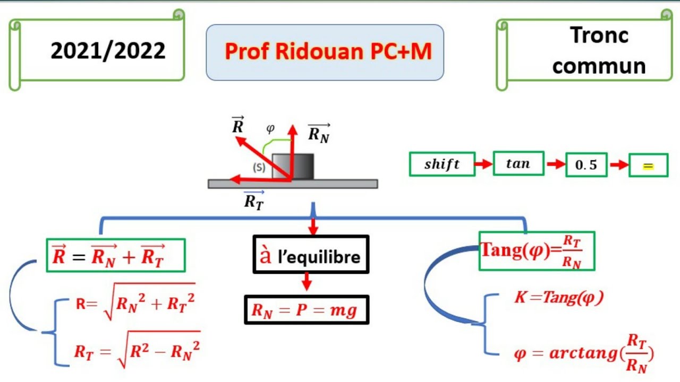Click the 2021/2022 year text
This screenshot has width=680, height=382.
(108, 50)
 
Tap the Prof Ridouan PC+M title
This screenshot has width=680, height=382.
(328, 51)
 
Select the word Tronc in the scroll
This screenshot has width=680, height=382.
(599, 35)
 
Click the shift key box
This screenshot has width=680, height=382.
(442, 164)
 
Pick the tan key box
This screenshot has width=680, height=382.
(518, 163)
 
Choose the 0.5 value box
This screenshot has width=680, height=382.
(586, 164)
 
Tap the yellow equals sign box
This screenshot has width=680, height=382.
(648, 165)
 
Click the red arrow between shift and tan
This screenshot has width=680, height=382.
(484, 164)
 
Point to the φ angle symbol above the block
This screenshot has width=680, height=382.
(270, 128)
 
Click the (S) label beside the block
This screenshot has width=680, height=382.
(259, 167)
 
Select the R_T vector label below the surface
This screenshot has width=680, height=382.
(254, 201)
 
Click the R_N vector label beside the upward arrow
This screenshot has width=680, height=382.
(319, 133)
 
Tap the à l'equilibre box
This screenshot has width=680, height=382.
(311, 254)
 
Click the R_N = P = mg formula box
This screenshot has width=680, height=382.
(307, 310)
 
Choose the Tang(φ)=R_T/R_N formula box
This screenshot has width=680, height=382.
(537, 251)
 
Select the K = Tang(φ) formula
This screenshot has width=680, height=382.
(559, 297)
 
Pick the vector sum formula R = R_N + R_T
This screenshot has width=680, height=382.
(116, 255)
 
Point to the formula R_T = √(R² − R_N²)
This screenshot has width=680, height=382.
(137, 349)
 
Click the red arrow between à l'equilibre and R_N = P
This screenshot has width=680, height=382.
(307, 281)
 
